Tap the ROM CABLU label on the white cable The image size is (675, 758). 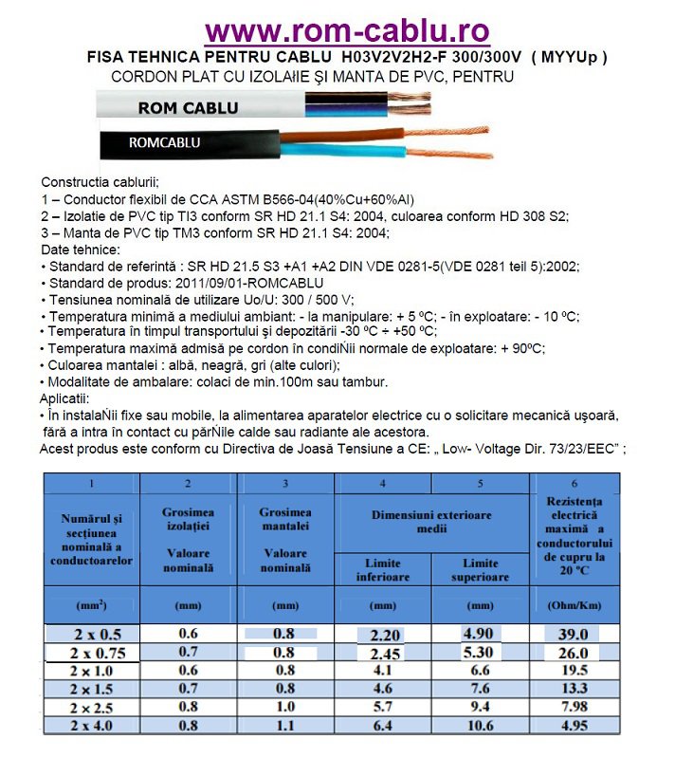tap(188, 107)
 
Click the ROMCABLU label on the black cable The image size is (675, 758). tap(163, 143)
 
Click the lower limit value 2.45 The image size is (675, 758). tap(383, 653)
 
